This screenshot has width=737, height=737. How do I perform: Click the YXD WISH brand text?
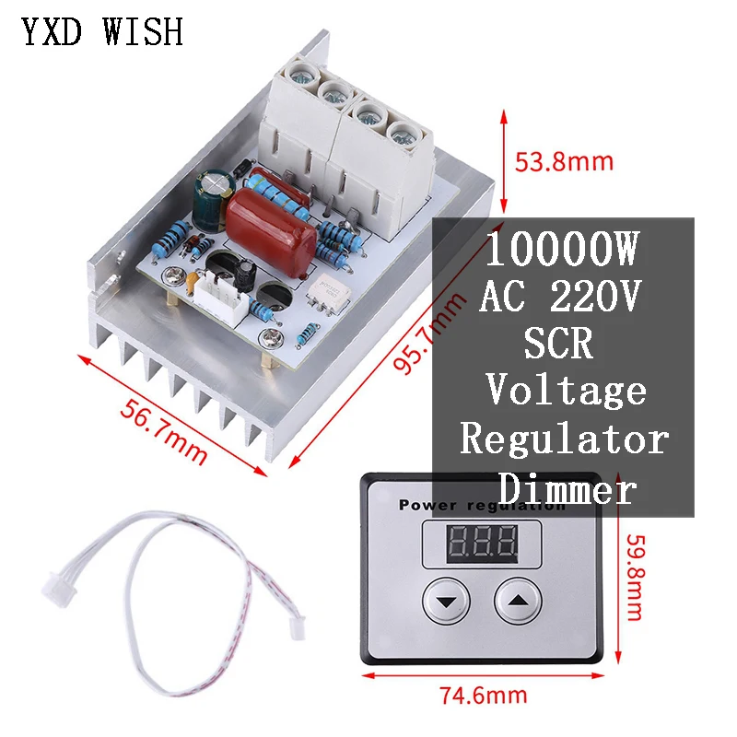point(103,32)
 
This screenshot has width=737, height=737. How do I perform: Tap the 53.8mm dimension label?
point(564,162)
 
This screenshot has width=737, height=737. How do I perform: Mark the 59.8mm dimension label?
point(633,577)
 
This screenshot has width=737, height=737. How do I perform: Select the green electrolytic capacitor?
point(209,200)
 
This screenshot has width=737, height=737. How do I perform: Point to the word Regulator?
point(564,439)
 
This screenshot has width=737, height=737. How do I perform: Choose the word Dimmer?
point(566,487)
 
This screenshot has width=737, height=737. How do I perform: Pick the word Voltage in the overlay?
point(566,392)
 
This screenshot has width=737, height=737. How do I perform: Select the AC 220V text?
point(562,298)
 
